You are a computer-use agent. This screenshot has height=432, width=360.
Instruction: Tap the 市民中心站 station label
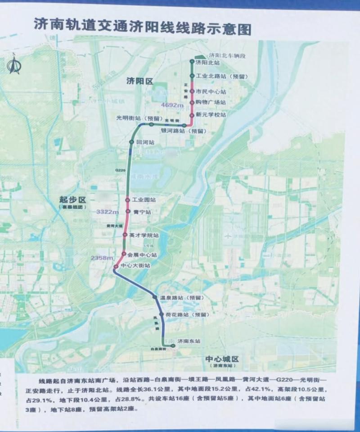[210, 91]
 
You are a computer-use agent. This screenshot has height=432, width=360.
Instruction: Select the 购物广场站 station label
[210, 102]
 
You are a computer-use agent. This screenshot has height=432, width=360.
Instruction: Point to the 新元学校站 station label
[210, 115]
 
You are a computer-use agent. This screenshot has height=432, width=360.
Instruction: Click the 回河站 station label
[146, 142]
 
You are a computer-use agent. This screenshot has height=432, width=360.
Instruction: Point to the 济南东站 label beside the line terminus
[189, 341]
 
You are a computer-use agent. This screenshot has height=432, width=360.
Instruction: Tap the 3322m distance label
[108, 212]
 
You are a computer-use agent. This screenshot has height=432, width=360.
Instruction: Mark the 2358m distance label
[101, 258]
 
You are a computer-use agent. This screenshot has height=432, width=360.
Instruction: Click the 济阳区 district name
[139, 82]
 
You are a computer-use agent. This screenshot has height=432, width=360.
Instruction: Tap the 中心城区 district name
[221, 359]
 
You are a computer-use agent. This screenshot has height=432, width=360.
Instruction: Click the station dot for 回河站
[131, 142]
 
